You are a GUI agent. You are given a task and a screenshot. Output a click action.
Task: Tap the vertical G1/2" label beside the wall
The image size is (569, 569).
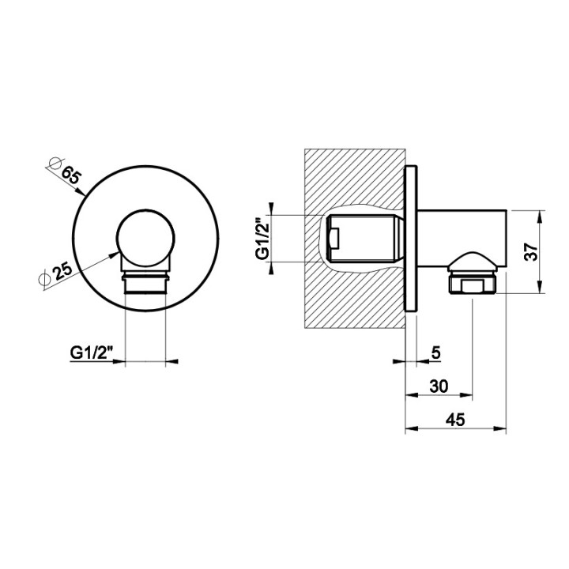tap(262, 239)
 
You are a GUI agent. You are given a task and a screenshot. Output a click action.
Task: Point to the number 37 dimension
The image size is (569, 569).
tap(531, 251)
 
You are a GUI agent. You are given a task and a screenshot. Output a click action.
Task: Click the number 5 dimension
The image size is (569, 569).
tap(435, 352)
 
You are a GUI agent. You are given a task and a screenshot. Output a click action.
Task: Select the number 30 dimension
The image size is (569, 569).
tap(439, 386)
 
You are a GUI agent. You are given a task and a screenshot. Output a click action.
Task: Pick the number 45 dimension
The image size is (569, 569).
tap(455, 420)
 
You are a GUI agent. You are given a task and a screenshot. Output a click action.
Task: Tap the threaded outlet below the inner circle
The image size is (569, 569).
tap(145, 282)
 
